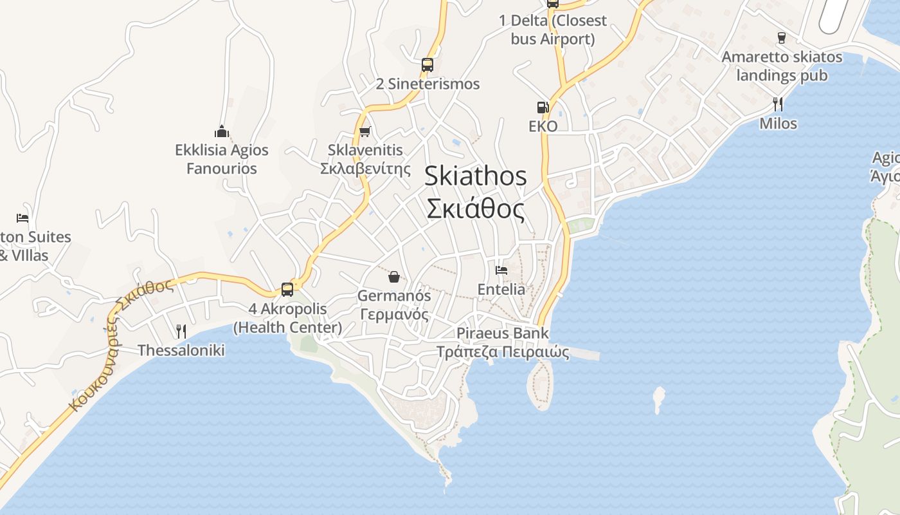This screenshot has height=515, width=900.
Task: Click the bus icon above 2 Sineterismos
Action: click(428, 64)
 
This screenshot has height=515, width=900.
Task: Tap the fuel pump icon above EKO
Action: click(543, 107)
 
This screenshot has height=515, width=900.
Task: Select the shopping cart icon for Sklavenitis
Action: click(365, 131)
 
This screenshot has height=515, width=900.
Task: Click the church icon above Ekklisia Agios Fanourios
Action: click(222, 131)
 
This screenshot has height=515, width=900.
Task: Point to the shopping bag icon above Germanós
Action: click(394, 277)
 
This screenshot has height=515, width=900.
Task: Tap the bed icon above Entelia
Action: click(501, 270)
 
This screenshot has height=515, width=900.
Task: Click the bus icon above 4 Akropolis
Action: click(287, 290)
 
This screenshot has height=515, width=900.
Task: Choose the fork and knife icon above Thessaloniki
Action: click(181, 332)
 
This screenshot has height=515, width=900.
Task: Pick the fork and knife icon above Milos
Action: click(778, 104)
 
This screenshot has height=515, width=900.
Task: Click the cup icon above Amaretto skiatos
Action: click(782, 38)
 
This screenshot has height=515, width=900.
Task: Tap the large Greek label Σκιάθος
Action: click(475, 209)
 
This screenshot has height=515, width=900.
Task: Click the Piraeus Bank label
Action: click(503, 333)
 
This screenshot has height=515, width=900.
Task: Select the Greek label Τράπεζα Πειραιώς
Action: click(503, 352)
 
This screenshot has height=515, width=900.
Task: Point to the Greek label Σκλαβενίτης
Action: click(365, 169)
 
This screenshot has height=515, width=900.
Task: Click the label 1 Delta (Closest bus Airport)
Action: click(553, 30)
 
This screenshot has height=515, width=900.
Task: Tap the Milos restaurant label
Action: click(778, 124)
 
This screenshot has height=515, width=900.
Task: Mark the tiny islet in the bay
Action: click(658, 399)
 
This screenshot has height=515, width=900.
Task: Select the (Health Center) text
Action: click(287, 328)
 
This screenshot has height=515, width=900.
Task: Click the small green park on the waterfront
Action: click(580, 226)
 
